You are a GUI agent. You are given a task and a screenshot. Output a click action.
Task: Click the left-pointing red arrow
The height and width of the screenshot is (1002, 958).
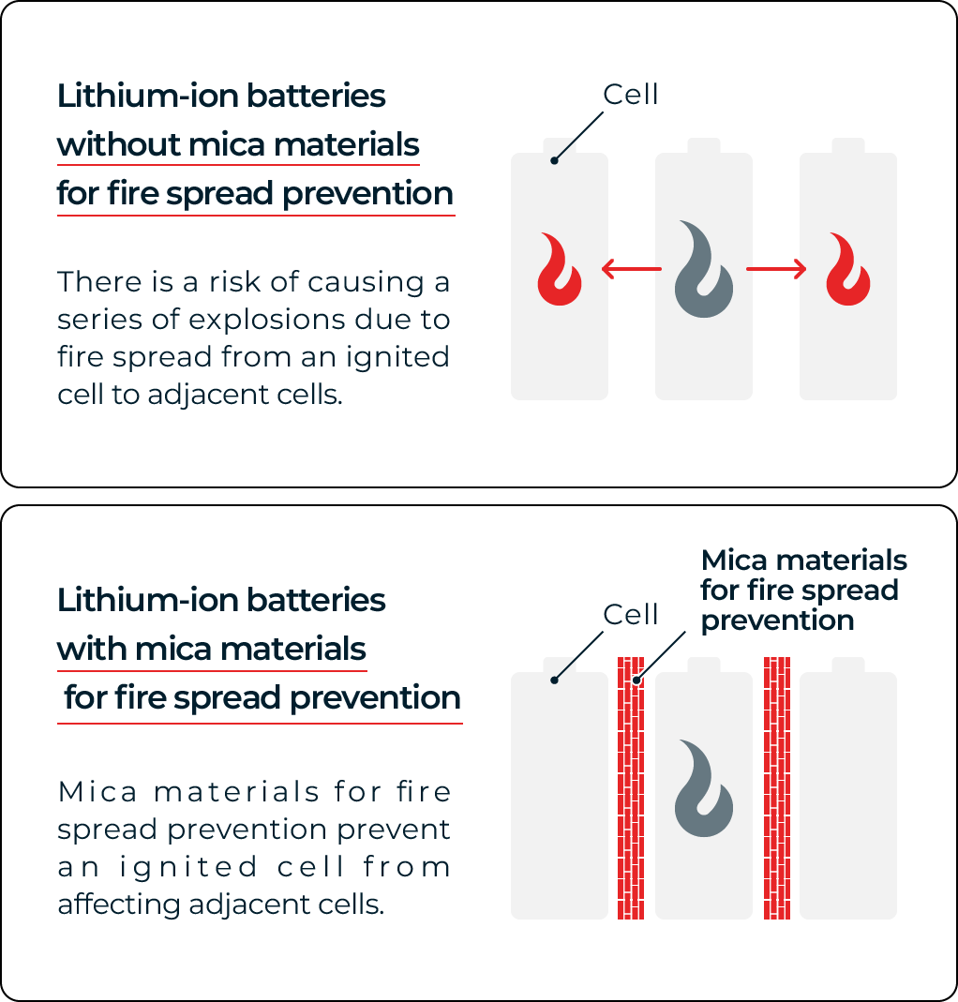[632, 269]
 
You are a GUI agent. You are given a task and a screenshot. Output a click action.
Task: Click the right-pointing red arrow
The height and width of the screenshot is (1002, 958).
[776, 269]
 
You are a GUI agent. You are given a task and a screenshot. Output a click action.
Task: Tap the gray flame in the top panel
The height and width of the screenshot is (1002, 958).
[704, 269]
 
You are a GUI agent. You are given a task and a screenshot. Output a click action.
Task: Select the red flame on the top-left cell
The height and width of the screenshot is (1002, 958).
[560, 269]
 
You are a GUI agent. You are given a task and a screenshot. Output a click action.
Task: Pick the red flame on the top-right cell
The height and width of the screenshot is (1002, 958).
[848, 269]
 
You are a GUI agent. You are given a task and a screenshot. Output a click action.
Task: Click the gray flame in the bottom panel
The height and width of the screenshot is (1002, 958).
[704, 788]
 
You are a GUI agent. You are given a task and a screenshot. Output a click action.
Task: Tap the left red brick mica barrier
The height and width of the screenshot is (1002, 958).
[631, 788]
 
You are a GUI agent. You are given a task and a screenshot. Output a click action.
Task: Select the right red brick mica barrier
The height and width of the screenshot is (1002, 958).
[777, 788]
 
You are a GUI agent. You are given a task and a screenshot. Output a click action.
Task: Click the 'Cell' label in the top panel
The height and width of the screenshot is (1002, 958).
[630, 95]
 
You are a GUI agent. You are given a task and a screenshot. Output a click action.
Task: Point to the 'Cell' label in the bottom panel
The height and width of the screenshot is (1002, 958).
[630, 615]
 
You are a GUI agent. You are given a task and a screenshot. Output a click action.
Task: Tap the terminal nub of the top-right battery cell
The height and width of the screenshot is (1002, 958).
[848, 145]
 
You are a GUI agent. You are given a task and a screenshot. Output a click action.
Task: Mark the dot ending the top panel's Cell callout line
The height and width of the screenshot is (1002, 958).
[554, 161]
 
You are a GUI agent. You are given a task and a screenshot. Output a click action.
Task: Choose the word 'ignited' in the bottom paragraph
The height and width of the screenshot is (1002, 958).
[189, 868]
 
